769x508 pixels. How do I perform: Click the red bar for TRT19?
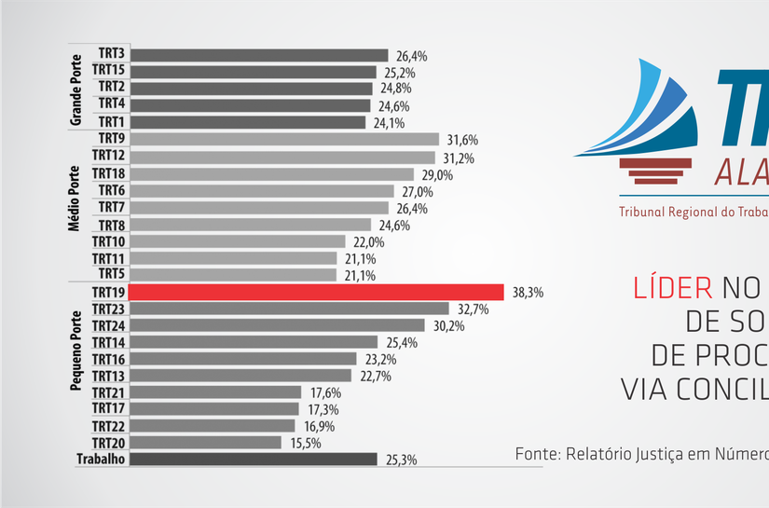[315, 292]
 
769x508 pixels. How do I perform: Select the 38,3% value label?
[528, 293]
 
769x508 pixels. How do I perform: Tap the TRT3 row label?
[112, 55]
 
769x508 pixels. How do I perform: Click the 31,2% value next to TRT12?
[459, 158]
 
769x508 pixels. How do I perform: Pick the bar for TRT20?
[204, 443]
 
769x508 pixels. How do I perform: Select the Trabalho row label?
[100, 460]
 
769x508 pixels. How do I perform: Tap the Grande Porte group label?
[76, 89]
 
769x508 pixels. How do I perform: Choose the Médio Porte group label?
[76, 199]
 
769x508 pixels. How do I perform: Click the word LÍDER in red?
[671, 287]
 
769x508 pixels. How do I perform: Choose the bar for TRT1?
[247, 122]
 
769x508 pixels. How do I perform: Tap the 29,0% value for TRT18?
[437, 175]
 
